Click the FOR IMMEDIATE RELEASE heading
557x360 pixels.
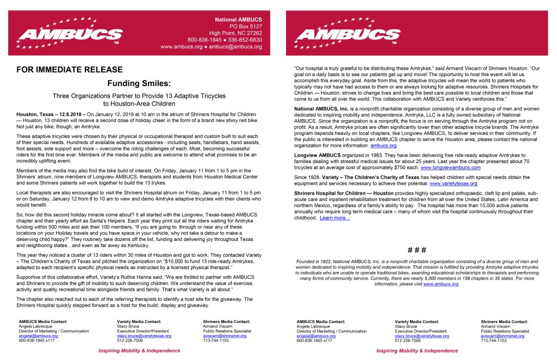(x=70, y=70)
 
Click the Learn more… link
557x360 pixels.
(x=335, y=218)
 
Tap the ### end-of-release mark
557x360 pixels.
(x=417, y=250)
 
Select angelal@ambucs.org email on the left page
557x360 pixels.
(x=39, y=336)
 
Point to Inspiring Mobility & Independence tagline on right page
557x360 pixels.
(x=417, y=351)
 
